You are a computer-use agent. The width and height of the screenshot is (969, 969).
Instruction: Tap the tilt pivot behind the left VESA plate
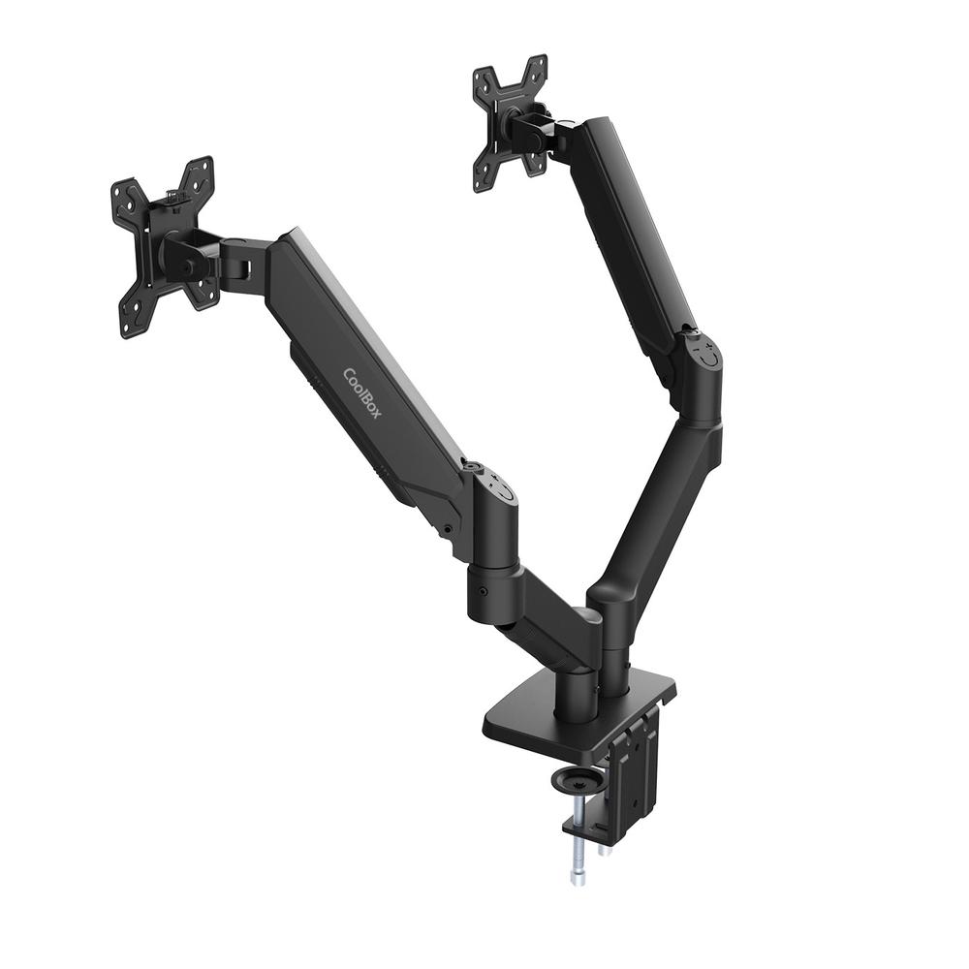[x=185, y=255]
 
